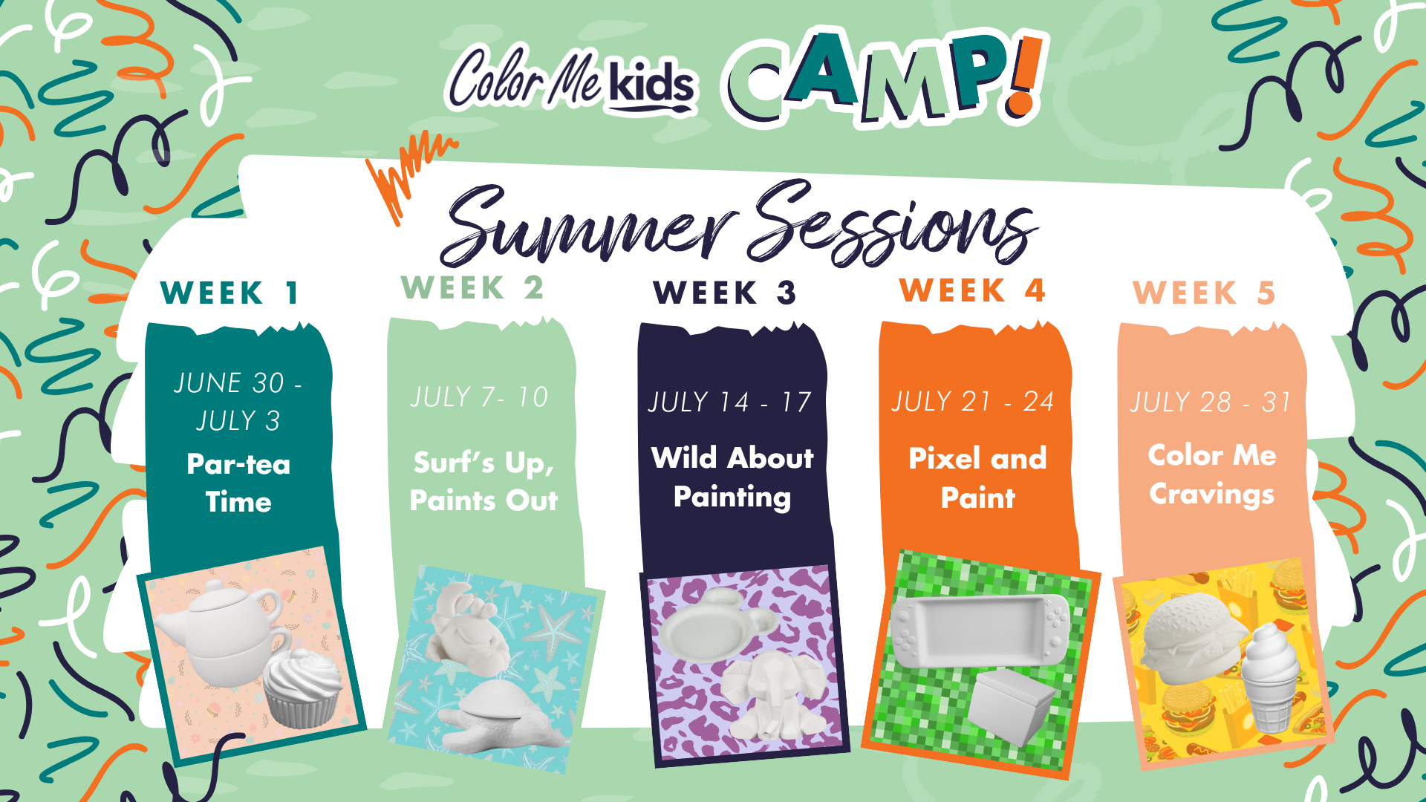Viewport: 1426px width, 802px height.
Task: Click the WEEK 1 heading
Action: point(229,293)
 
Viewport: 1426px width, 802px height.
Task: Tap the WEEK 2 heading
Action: point(472,288)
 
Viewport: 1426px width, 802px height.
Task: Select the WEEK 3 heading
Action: point(725,293)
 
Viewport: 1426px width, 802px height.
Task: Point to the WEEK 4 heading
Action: point(972,290)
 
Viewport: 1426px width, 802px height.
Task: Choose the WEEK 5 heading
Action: point(1204,293)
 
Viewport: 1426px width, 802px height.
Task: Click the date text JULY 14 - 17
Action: point(729,402)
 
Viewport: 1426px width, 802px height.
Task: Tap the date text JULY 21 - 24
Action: point(972,402)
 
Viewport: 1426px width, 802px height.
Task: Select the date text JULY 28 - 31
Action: point(1211,402)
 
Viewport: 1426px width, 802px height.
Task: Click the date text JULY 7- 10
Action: point(479,397)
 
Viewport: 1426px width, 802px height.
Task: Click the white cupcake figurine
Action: point(303,687)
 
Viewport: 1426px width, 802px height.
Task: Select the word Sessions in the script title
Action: point(895,223)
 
